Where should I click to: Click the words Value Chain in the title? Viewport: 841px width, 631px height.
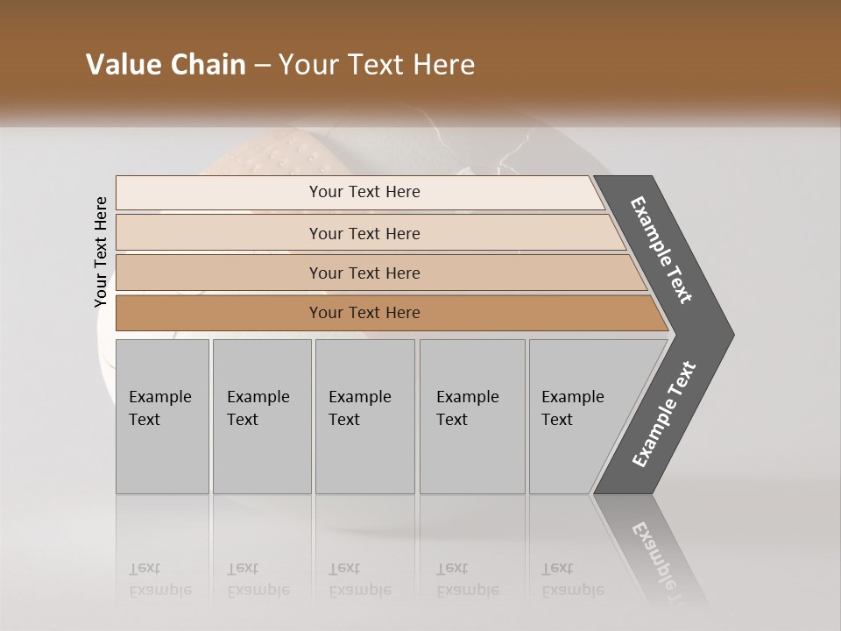point(166,65)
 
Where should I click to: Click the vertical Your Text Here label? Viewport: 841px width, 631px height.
point(101,252)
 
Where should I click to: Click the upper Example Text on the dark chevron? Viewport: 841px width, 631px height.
point(661,250)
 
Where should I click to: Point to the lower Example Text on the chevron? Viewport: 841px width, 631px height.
point(663,415)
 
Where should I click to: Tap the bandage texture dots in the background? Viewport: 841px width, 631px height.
point(289,158)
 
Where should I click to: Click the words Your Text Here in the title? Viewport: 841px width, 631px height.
point(377,65)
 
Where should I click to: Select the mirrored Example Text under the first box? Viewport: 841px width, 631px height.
point(159,579)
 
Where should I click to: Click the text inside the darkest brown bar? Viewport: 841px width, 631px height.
point(364,313)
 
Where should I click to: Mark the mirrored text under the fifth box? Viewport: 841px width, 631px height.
point(572,579)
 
